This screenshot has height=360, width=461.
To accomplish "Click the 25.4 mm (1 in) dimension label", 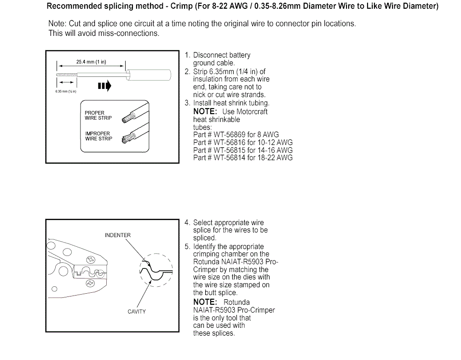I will point(91,62).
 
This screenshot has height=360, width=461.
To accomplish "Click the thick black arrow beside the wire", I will point(104,86).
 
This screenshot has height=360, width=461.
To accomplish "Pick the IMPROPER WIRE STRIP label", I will point(98,136).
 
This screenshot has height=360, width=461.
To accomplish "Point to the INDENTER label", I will point(117,235).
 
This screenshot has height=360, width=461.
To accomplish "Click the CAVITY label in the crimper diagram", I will point(137,312).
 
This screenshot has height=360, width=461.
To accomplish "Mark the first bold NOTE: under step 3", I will point(205,111).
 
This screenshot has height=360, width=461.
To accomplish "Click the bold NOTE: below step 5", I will point(205,302).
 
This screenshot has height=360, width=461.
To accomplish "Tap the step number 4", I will point(187,223).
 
